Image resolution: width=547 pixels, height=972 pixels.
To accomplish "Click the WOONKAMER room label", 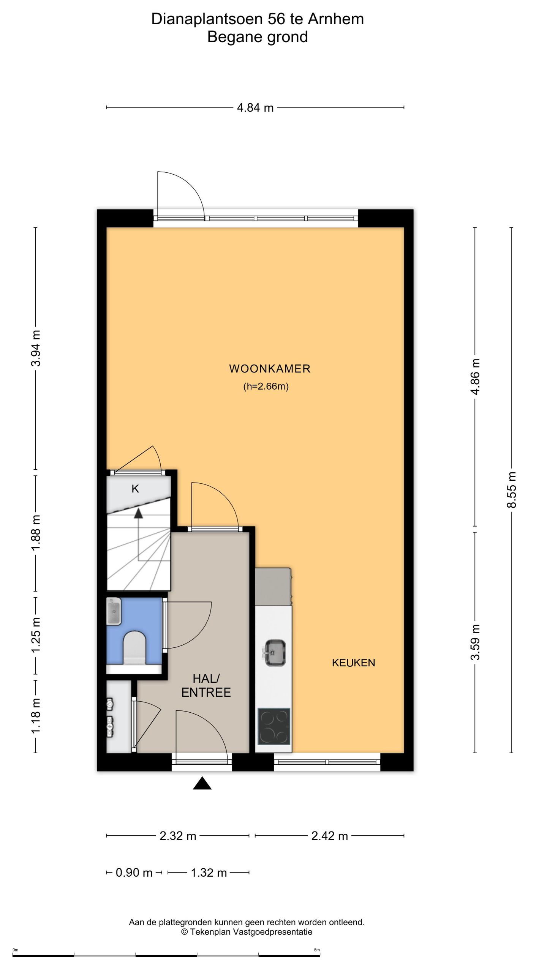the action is coord(270,369).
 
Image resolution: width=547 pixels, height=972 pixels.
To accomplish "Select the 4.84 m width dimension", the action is coord(255,108).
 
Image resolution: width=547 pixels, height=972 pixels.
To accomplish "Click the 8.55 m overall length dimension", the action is coord(512,490).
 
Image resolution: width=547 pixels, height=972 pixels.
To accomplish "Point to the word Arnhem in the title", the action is coord(336,19).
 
